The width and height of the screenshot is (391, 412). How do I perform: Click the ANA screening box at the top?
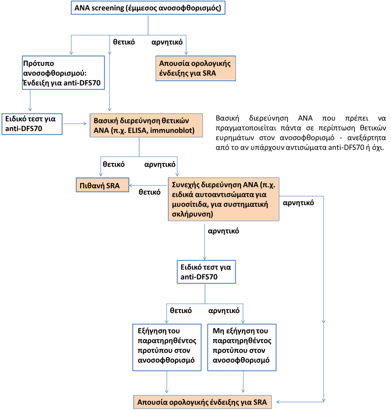(x=148, y=8)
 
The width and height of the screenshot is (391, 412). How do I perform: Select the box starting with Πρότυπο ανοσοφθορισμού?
(x=63, y=73)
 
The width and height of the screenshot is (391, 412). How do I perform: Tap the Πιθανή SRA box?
(x=103, y=185)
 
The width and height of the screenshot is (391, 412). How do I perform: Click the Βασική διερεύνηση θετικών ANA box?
(x=146, y=126)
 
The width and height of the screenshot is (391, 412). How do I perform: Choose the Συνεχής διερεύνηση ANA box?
(x=223, y=199)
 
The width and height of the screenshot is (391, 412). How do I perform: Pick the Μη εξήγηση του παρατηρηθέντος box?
(x=242, y=347)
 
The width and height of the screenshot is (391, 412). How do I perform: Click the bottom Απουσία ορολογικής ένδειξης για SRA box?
(x=203, y=402)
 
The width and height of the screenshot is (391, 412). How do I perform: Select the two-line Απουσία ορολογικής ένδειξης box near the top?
(x=196, y=68)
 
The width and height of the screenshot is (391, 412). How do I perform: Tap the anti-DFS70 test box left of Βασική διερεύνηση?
(x=32, y=124)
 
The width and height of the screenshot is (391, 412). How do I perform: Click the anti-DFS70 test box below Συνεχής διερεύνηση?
(x=207, y=272)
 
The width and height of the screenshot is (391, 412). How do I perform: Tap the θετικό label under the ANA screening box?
(x=124, y=42)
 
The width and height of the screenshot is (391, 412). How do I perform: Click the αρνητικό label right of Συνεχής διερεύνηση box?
(x=298, y=203)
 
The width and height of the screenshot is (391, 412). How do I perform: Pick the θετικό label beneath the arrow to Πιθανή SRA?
(x=150, y=192)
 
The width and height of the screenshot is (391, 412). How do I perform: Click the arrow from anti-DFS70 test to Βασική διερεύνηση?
(x=75, y=124)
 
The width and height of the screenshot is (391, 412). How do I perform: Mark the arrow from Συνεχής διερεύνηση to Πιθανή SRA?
(x=148, y=185)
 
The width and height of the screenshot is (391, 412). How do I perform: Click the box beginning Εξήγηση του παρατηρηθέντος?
(x=167, y=347)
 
